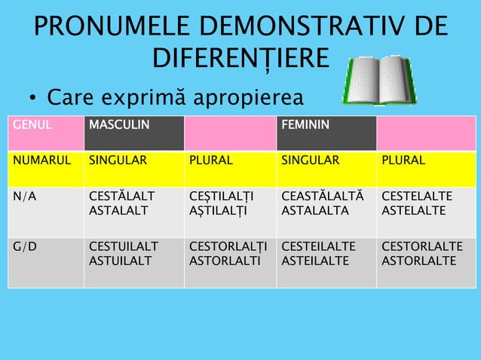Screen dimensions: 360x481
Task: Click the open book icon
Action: pos(379,79)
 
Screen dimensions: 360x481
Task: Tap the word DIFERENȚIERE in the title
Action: pos(240,59)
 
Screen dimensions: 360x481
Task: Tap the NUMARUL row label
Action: pos(41,160)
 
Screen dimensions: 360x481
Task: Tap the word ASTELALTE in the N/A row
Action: pos(417,211)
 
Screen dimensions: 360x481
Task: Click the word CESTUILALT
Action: pos(124,246)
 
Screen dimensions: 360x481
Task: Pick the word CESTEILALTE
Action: pos(317,246)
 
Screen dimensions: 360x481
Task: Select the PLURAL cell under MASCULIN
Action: pos(210,160)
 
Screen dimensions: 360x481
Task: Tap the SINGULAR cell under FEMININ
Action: pos(310,160)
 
